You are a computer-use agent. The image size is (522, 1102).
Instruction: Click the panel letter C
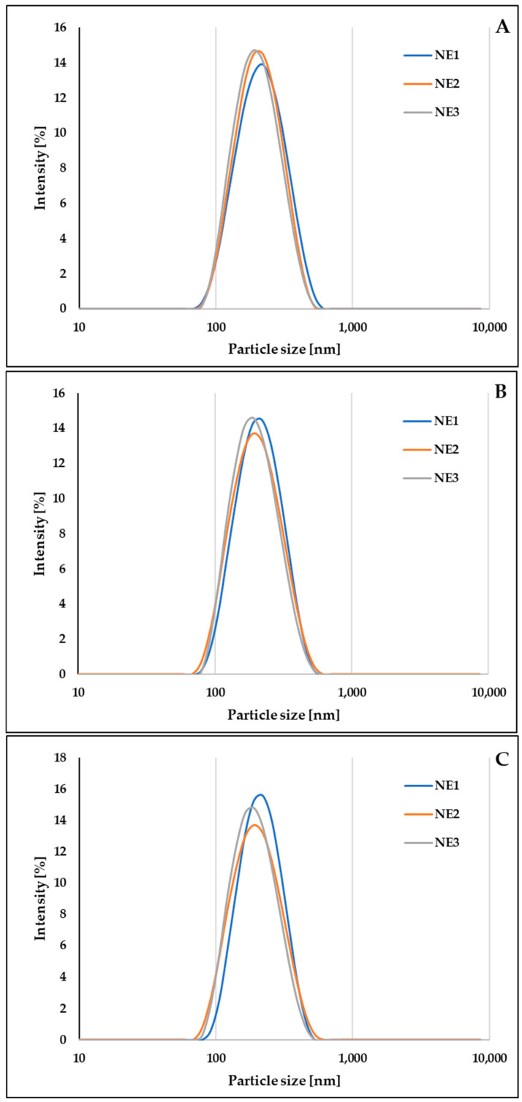pos(502,759)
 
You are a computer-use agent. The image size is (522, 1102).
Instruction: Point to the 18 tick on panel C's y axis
pos(62,759)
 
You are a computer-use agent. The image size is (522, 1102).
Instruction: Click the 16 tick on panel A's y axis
pos(62,28)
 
